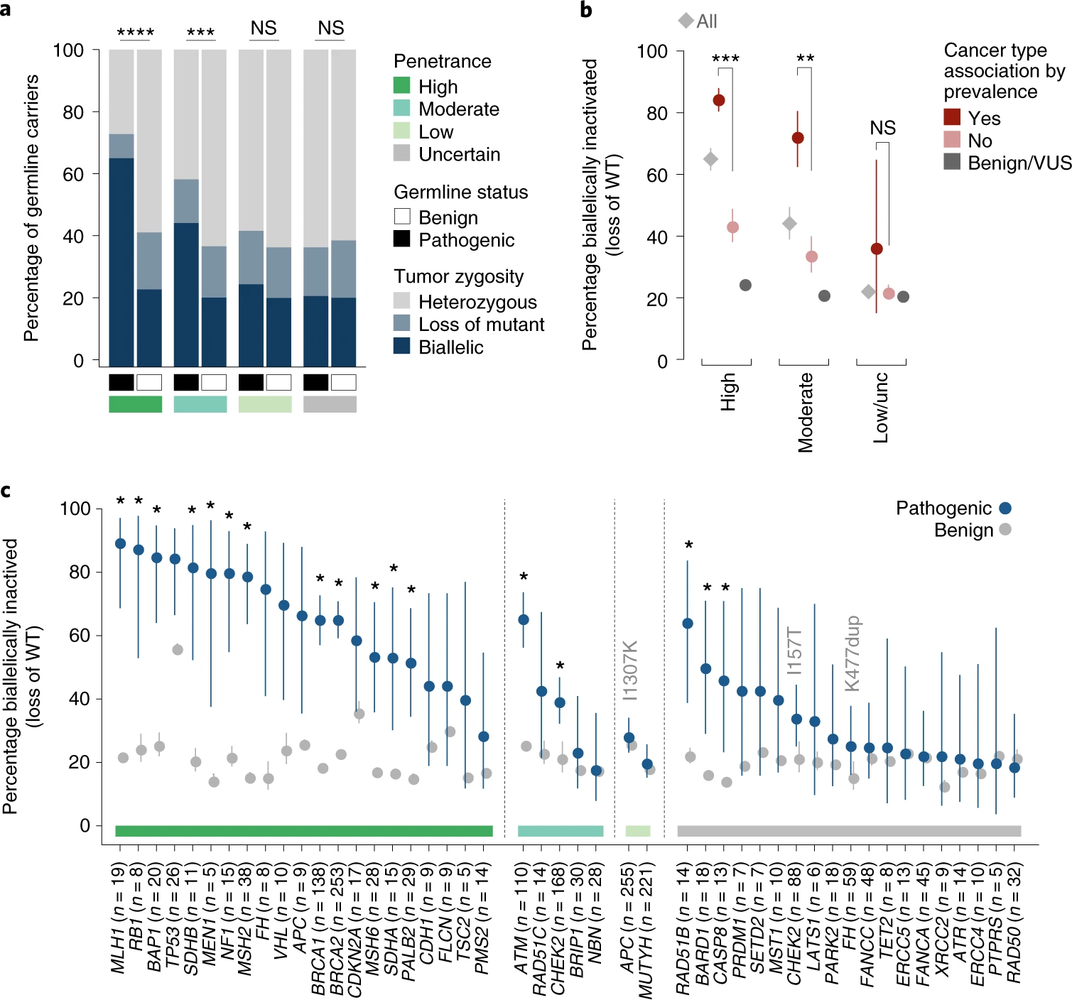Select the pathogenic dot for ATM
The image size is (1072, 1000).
click(x=524, y=619)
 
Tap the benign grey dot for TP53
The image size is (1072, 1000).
click(x=178, y=650)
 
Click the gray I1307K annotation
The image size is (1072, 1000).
click(x=630, y=670)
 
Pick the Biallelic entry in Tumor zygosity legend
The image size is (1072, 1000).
click(x=450, y=347)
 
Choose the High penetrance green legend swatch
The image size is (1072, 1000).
click(x=402, y=86)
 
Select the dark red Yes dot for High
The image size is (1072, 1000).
click(x=719, y=101)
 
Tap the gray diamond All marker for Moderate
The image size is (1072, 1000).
click(x=789, y=224)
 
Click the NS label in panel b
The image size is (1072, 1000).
click(x=882, y=128)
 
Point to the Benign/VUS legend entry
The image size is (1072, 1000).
click(x=1019, y=163)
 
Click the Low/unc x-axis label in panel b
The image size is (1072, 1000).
click(x=881, y=408)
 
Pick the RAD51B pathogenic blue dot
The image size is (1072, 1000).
click(x=687, y=624)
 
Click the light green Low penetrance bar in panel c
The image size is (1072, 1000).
click(x=637, y=831)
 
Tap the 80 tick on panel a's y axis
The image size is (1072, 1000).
click(x=73, y=112)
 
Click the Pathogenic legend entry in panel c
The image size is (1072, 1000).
click(x=943, y=508)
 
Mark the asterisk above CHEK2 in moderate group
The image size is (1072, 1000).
click(x=560, y=666)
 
